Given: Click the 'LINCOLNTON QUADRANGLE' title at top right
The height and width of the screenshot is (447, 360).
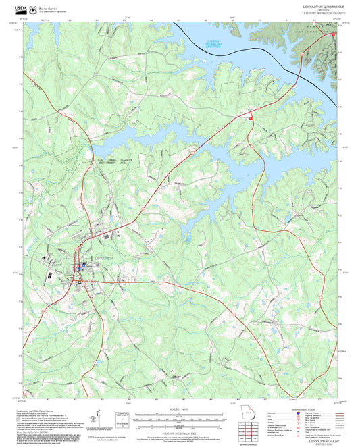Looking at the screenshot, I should (324, 5).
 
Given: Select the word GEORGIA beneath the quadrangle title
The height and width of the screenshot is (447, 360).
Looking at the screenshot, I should (324, 9).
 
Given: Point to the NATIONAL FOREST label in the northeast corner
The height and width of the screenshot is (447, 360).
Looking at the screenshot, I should (319, 32).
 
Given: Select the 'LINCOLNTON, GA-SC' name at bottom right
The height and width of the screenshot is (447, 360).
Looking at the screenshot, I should (324, 439).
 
